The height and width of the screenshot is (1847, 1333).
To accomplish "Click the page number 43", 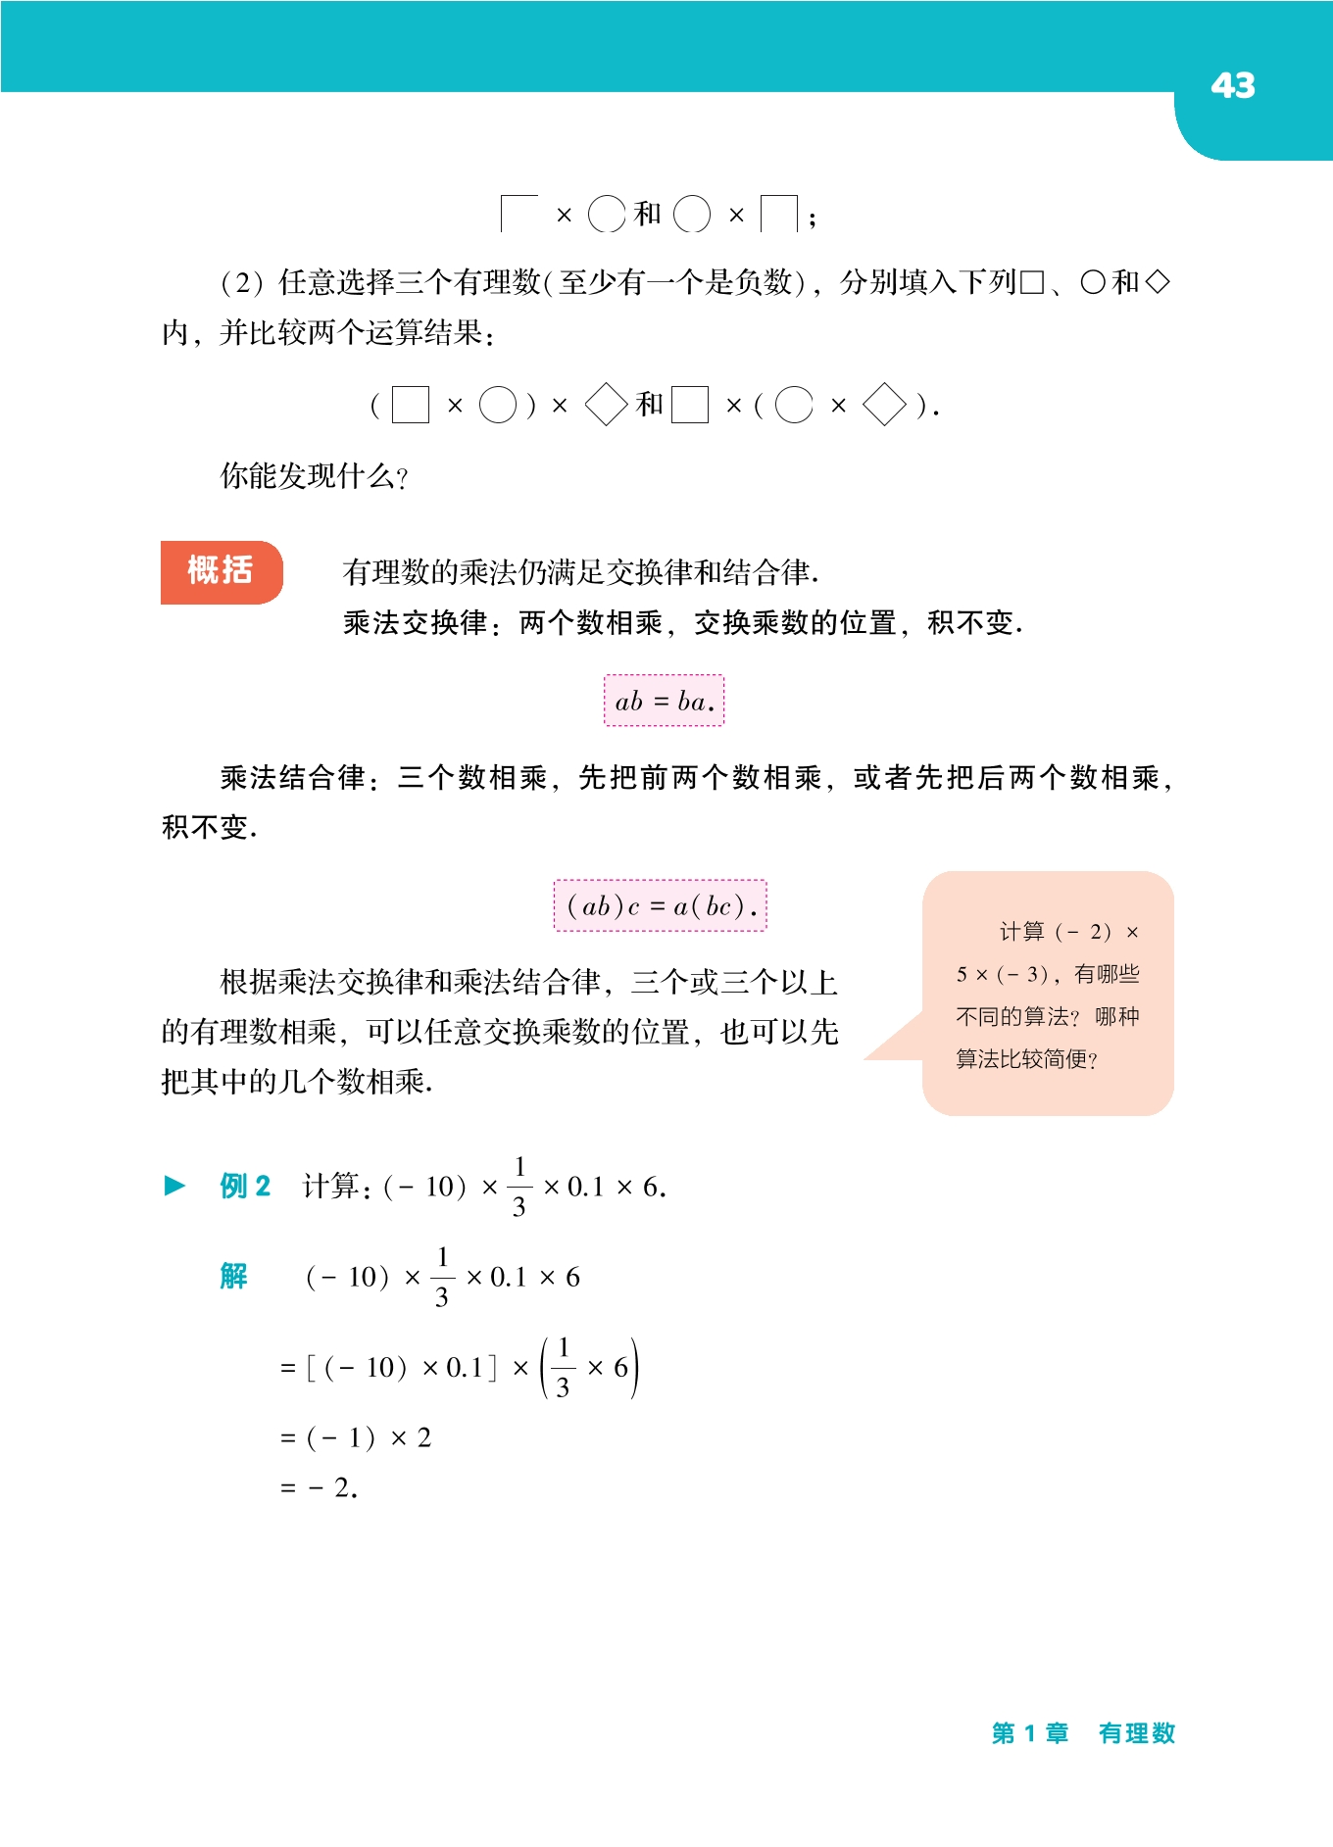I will click(1232, 86).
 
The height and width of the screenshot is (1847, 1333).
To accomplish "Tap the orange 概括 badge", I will click(222, 571).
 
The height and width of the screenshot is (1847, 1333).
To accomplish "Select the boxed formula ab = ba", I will click(664, 701).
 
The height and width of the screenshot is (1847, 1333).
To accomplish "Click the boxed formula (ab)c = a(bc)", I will click(661, 906).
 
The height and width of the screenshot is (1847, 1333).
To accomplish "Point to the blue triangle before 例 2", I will click(174, 1186).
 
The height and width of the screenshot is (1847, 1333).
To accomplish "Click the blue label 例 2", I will click(245, 1187).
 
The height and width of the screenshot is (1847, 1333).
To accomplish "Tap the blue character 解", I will click(233, 1276).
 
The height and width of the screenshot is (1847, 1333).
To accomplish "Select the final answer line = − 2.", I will click(320, 1488).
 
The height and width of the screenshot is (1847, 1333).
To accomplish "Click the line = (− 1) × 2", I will click(356, 1438).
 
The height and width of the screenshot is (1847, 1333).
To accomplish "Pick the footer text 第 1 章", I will click(1029, 1733).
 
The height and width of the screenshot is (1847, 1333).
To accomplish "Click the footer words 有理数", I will click(1136, 1733).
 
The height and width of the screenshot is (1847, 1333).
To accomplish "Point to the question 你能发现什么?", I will click(314, 476).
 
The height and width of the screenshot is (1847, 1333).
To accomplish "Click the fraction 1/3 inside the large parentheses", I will click(563, 1368).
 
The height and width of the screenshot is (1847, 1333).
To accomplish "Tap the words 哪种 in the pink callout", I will click(1116, 1017).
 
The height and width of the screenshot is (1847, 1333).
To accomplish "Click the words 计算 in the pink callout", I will click(1021, 932).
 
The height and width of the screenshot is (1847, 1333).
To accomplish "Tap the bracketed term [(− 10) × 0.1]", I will click(402, 1368).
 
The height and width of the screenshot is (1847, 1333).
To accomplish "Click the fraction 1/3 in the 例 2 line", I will click(519, 1187).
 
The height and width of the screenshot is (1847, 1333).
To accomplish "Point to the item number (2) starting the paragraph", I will click(241, 283).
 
